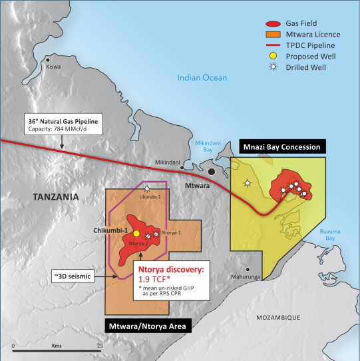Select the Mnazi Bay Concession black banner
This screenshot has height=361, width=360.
(x=280, y=147)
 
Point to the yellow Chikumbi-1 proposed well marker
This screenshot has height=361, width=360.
(x=136, y=234)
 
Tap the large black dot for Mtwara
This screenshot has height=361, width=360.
(x=211, y=172)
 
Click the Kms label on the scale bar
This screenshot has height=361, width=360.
(x=57, y=346)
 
